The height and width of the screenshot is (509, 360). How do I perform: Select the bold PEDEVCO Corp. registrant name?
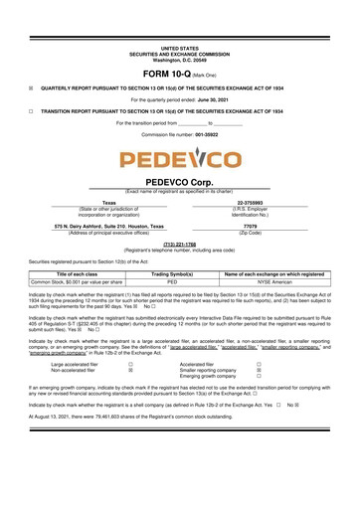pos(180,184)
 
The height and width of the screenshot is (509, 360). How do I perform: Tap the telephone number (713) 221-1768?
pos(180,243)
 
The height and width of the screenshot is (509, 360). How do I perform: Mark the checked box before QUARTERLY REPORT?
pos(31,86)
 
